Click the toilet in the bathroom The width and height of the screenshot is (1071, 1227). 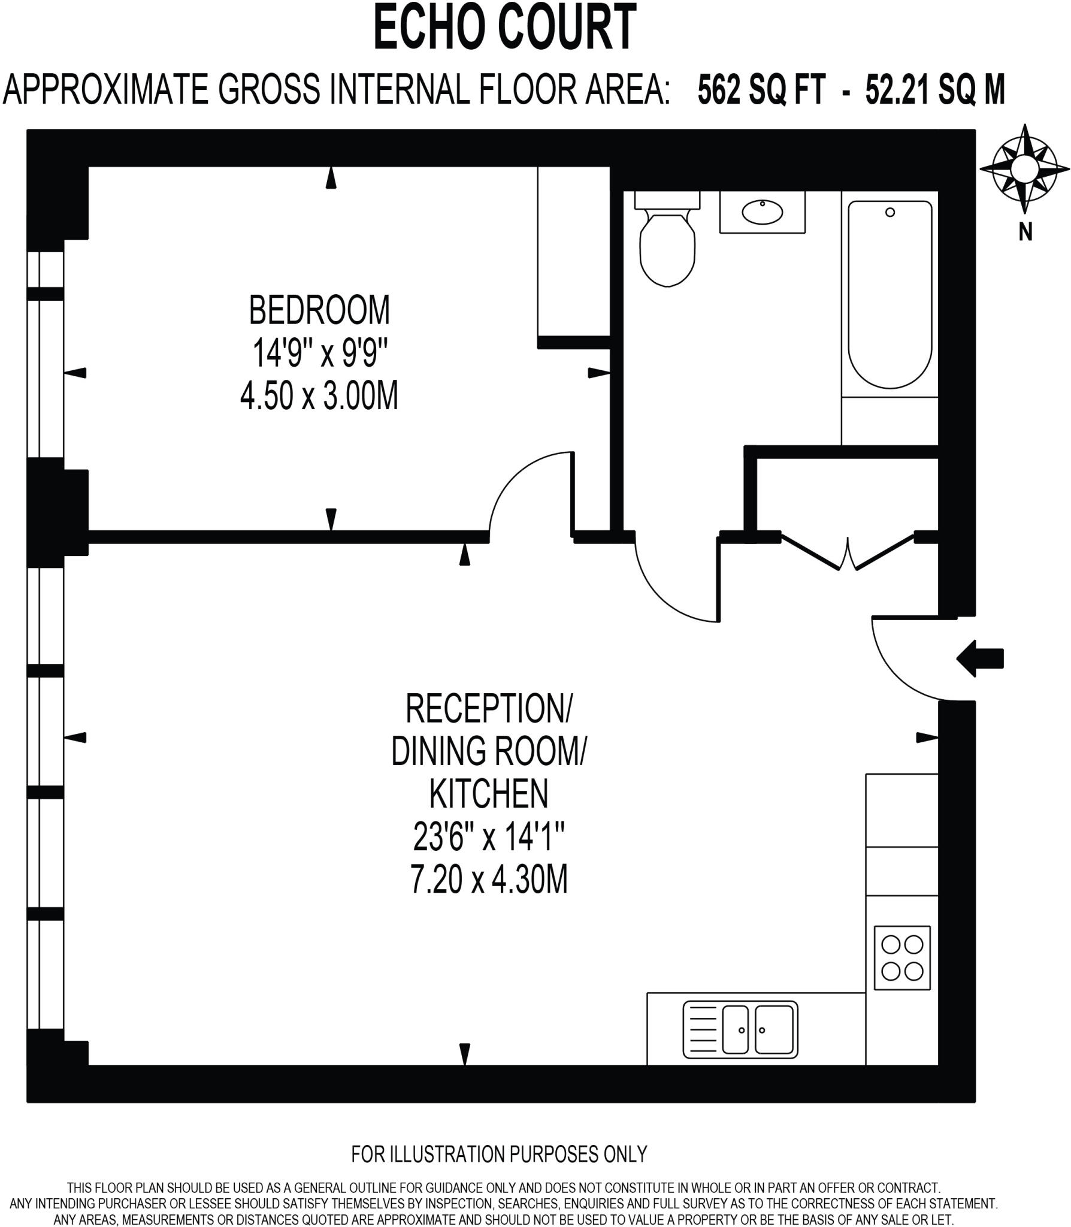(667, 246)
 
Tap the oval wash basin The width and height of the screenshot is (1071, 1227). (762, 211)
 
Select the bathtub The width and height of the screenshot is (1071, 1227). (890, 294)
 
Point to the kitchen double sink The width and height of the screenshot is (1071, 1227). (740, 1029)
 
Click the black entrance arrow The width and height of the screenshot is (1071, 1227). (980, 658)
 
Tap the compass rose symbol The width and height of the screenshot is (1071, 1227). (1024, 169)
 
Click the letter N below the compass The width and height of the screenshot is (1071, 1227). (1025, 232)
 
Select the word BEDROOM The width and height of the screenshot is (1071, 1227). (319, 310)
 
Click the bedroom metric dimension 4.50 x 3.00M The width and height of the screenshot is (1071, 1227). (319, 397)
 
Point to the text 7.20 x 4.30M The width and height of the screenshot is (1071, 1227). (489, 880)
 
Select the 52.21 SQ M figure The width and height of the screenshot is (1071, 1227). (934, 90)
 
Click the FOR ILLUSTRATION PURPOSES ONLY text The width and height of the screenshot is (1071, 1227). (499, 1153)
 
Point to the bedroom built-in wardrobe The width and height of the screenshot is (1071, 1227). (573, 252)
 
